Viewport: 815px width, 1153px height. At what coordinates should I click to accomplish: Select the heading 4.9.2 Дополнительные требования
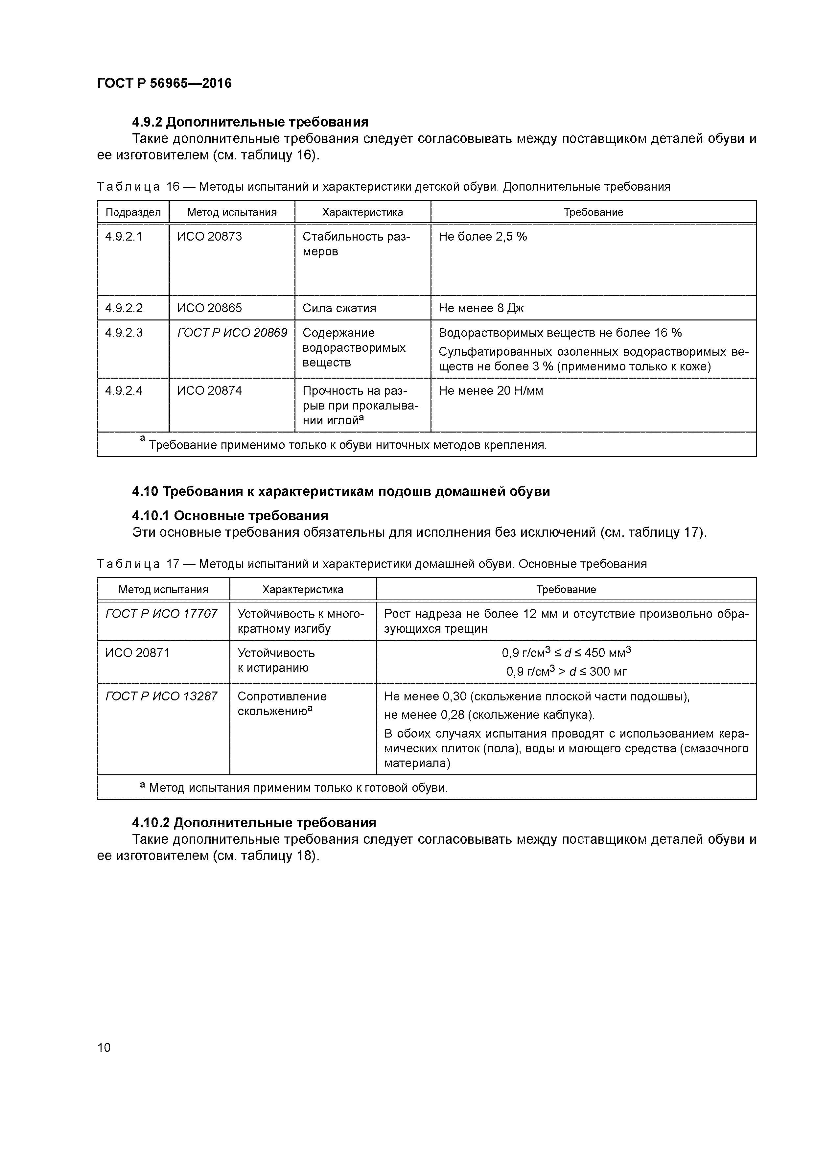pos(250,122)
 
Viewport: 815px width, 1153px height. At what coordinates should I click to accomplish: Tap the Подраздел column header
pos(133,212)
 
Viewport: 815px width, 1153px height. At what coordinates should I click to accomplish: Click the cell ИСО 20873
pos(209,237)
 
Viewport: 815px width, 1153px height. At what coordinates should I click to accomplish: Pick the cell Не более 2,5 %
pos(482,237)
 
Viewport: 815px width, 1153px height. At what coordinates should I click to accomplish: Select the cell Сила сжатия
pos(339,308)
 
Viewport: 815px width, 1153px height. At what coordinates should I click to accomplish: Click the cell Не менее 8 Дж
pos(481,308)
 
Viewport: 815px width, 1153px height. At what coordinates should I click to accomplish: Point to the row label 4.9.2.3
pos(124,333)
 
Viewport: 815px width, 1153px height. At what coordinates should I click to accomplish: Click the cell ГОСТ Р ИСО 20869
pos(232,333)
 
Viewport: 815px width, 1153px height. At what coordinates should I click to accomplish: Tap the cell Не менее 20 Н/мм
pos(491,391)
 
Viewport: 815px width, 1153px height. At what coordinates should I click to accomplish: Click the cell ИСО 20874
pos(209,391)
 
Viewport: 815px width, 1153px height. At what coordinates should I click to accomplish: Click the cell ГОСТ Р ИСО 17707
pos(161,614)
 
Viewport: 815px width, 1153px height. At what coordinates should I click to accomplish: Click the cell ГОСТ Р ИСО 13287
pos(161,696)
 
